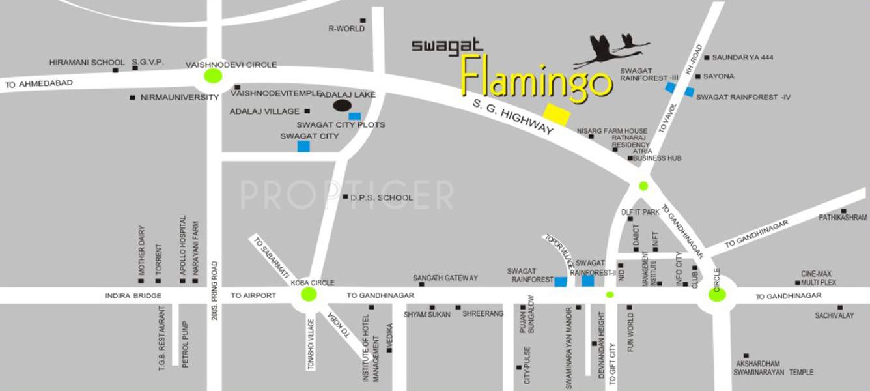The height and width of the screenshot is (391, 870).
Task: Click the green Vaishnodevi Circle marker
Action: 212,76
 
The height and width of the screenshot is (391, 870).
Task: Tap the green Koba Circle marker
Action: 309,295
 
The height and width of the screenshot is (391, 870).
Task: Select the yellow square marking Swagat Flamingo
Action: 557,113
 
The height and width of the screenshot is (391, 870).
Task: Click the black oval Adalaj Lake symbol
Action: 343,106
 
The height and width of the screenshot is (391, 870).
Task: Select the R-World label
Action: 346,29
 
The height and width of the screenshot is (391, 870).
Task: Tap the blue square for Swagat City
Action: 303,146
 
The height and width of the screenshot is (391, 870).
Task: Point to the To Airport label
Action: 253,295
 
